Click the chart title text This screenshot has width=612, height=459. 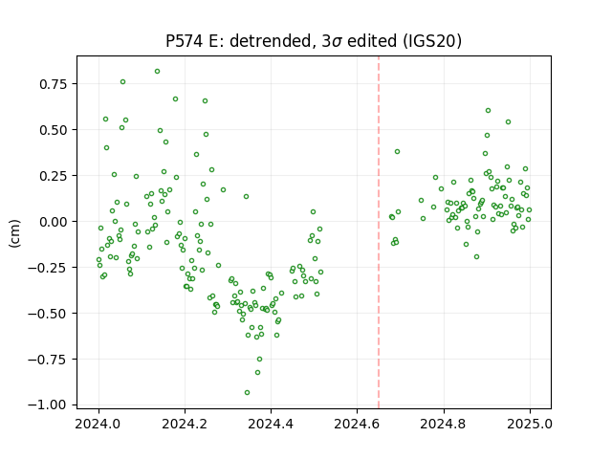click(x=314, y=41)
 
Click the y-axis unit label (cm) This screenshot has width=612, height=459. click(x=14, y=233)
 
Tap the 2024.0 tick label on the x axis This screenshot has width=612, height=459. click(x=98, y=424)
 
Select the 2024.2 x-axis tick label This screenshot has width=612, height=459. click(x=185, y=424)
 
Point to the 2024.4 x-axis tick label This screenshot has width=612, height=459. click(x=271, y=424)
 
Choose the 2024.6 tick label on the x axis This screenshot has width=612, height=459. click(x=357, y=424)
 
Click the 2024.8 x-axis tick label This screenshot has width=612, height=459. click(x=444, y=424)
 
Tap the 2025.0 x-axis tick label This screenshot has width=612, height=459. click(x=530, y=424)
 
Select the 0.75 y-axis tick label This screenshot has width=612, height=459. click(x=54, y=84)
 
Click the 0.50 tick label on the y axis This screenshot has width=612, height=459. click(x=54, y=130)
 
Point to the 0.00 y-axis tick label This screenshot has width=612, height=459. click(x=54, y=221)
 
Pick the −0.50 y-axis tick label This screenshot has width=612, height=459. click(x=47, y=314)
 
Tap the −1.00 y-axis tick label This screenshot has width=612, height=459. click(x=47, y=405)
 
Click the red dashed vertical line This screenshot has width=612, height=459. click(x=379, y=232)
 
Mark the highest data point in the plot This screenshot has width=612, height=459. click(x=157, y=72)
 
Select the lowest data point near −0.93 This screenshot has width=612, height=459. click(x=247, y=393)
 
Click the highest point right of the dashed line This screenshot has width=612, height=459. click(x=488, y=111)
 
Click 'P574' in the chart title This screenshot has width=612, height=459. click(x=185, y=41)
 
